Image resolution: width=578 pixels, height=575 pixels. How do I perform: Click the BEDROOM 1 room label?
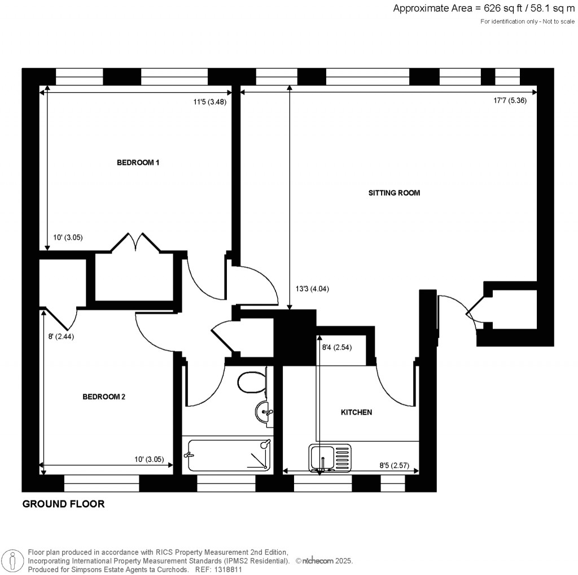pos(138,163)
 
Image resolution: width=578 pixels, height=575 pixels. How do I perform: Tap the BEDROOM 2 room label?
pos(104,397)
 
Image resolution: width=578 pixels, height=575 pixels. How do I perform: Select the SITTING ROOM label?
pos(394,193)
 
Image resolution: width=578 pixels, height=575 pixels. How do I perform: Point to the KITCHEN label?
pos(356,412)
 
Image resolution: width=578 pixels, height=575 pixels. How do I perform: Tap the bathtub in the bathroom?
pos(228,455)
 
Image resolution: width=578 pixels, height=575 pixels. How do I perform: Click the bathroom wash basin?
pos(264,412)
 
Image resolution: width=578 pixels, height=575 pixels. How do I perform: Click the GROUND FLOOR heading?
pos(63,504)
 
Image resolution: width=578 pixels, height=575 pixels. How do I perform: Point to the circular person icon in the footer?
pos(12,560)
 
